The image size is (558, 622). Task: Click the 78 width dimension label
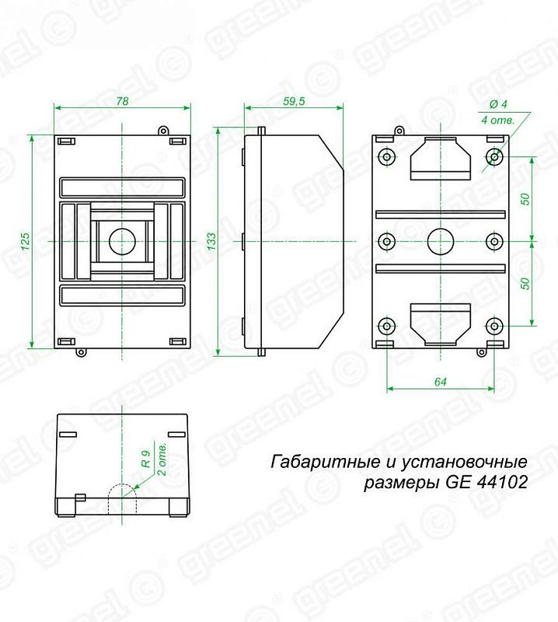pos(122,101)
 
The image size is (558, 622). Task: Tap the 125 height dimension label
pos(25,241)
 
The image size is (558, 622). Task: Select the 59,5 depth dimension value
pos(294,101)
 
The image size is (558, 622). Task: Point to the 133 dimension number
pos(212,241)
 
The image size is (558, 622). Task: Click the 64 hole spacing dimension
pos(441,382)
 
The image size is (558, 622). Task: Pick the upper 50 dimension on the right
pos(525,199)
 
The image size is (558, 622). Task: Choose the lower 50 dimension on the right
pos(525,283)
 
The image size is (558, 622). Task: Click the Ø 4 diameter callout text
pos(498,104)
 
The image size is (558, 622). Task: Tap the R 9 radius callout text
pos(146,459)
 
